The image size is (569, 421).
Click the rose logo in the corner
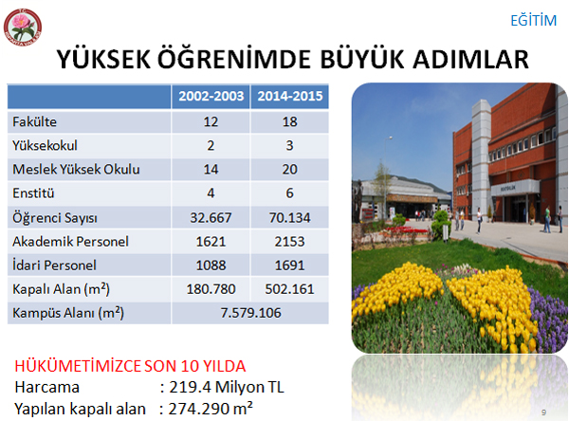23,27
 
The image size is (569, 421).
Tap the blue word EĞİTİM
533,20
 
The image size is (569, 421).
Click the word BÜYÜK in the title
362,59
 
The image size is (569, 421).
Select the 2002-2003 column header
211,96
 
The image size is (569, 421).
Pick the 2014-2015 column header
290,96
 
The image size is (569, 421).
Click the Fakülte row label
34,121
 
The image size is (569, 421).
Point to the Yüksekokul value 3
289,145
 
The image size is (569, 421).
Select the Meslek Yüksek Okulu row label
76,169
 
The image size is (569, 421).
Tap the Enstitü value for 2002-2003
211,193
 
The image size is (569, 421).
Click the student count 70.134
289,218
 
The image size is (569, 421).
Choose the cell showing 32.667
211,218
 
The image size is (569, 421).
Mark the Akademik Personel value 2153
289,242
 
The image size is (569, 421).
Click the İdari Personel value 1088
211,265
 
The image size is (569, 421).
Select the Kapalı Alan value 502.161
289,289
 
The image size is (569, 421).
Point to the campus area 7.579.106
250,313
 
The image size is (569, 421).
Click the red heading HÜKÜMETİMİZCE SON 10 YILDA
130,366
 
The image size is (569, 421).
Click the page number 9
543,412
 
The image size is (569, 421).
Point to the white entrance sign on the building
515,188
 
